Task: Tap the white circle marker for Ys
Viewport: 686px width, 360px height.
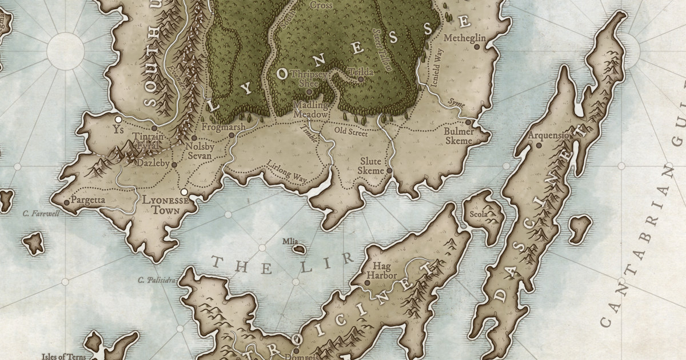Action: (118, 119)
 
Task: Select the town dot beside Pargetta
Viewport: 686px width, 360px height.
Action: (67, 202)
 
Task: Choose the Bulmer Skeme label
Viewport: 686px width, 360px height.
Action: (458, 136)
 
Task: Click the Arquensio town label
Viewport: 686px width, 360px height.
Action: (549, 135)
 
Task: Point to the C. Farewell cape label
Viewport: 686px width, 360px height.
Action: (41, 214)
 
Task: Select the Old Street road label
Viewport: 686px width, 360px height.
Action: (351, 132)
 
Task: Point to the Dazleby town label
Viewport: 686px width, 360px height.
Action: (154, 163)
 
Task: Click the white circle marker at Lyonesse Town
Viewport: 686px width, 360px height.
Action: (184, 192)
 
